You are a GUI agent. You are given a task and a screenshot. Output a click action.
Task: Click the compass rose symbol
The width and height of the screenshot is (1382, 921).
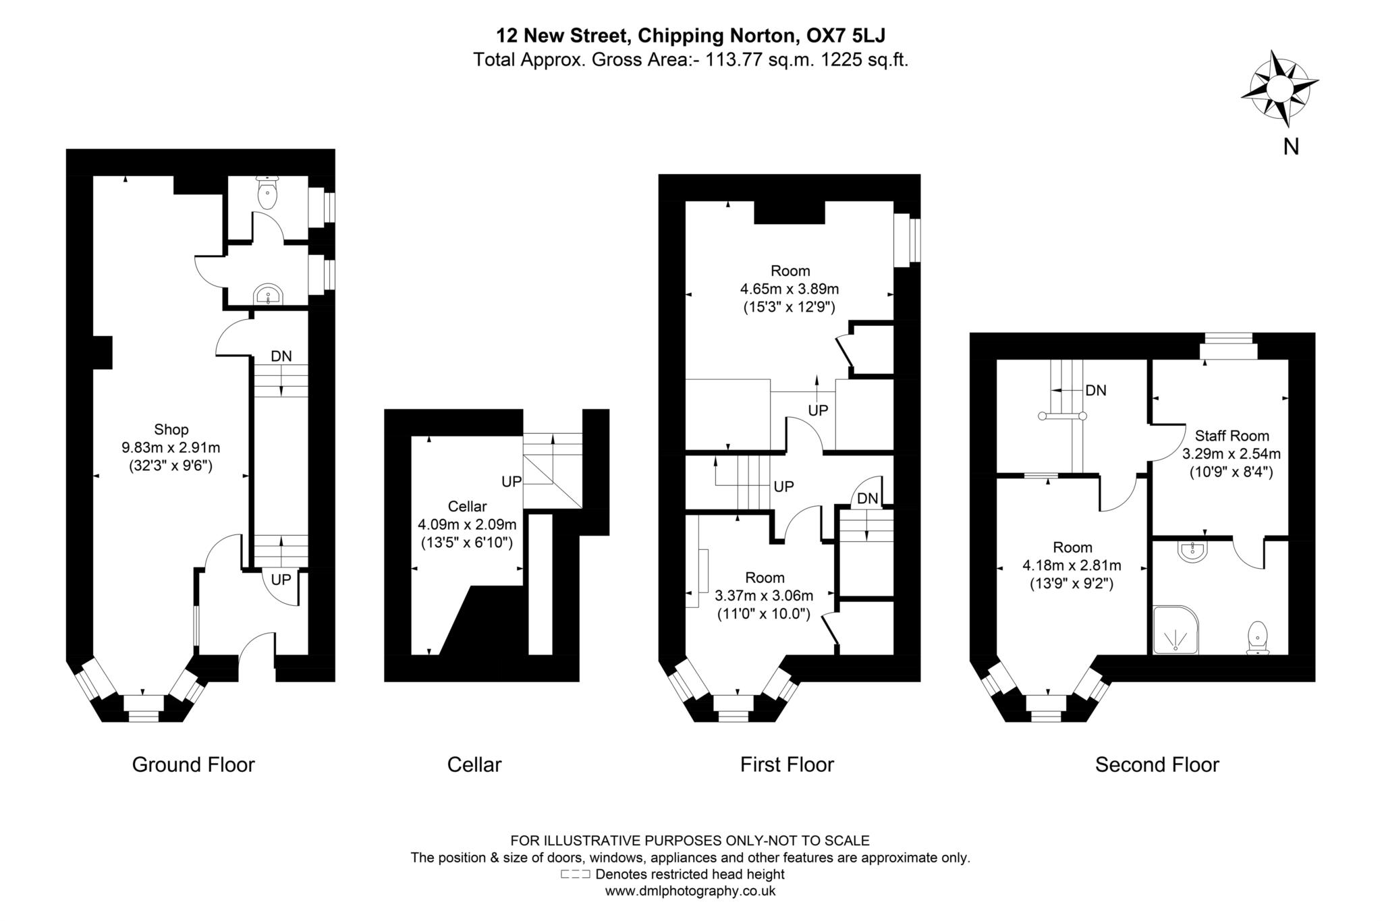(1279, 89)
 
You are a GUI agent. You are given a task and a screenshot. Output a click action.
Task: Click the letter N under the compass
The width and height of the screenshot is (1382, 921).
(1291, 146)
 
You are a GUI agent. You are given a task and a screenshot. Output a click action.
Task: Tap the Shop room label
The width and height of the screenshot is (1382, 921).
(171, 429)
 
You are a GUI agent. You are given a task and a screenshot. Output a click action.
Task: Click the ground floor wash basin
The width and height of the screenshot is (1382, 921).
(269, 295)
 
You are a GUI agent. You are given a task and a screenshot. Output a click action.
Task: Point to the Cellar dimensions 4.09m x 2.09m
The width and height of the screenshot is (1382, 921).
(467, 524)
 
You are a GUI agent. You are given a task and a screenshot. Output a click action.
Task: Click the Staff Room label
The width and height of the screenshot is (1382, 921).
(1232, 436)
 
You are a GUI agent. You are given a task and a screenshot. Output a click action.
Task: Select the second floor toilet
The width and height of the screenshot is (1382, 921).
(1257, 638)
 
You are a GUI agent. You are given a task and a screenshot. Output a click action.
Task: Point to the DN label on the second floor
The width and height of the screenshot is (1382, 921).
(1095, 390)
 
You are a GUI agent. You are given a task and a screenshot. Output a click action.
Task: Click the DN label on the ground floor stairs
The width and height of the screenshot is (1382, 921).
(281, 356)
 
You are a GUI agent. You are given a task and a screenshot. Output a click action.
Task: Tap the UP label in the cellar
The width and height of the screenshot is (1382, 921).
(512, 481)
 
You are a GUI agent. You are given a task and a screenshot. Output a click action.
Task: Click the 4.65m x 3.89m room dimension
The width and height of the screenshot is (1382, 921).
(789, 289)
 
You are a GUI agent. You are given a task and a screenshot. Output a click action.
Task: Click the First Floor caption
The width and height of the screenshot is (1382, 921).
(786, 764)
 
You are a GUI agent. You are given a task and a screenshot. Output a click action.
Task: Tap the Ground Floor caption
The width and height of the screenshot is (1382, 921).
(193, 764)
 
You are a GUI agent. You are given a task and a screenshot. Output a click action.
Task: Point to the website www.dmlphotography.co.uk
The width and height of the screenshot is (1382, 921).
(690, 891)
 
